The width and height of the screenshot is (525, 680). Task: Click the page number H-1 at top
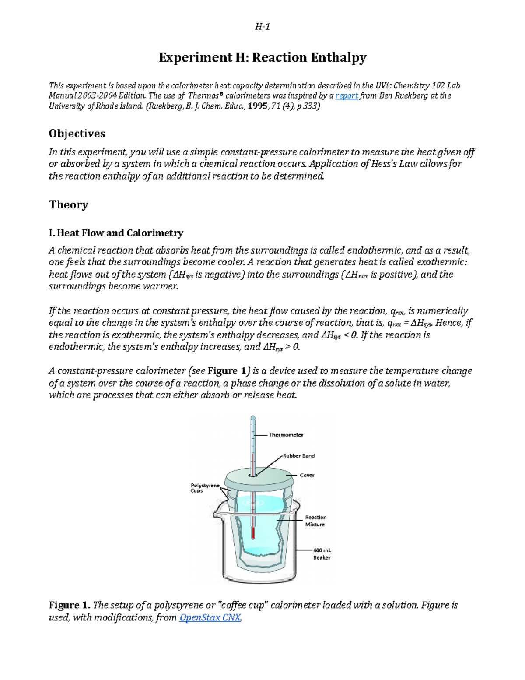(x=262, y=27)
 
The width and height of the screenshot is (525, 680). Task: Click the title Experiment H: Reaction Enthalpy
(x=262, y=57)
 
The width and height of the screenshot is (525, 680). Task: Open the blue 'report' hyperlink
(x=346, y=96)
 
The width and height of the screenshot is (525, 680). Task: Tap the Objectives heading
(x=77, y=134)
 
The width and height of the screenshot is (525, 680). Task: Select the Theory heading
(x=69, y=204)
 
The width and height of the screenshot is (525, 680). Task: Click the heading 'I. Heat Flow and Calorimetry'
(x=116, y=233)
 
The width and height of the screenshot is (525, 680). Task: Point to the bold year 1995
(x=258, y=106)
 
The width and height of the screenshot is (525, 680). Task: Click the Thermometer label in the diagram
(x=286, y=435)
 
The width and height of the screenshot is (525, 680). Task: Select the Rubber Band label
(x=298, y=456)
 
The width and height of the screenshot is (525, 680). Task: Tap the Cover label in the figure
(x=307, y=475)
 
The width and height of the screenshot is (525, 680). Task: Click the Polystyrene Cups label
(x=205, y=488)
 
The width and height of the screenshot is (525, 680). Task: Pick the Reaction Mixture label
(x=315, y=521)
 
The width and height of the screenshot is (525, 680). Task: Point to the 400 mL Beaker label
(x=322, y=554)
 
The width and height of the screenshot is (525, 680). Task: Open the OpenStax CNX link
(x=210, y=617)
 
